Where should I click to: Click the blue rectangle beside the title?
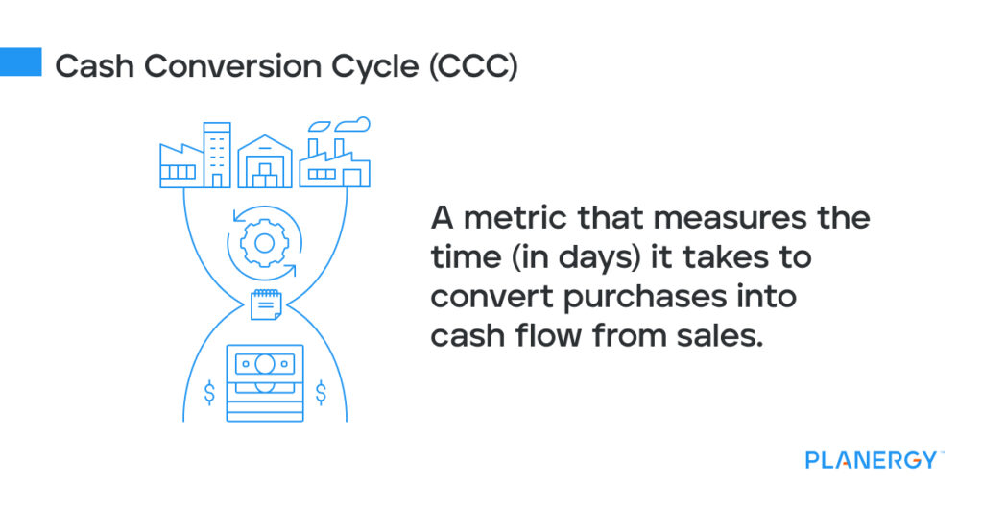coord(20,61)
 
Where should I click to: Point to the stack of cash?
coord(264,381)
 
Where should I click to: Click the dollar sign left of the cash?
coord(208,392)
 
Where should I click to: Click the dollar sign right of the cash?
coord(321,392)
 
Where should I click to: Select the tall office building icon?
coord(218,155)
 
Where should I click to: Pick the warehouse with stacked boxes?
coord(264,161)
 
